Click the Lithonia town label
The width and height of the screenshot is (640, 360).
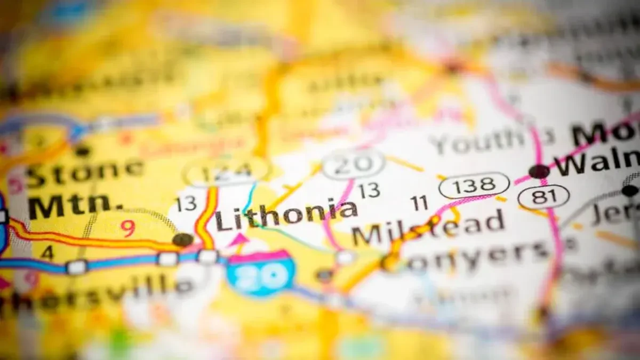[x=286, y=213]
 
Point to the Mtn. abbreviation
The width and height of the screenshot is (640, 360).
[x=69, y=204]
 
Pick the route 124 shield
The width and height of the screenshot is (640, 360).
[x=226, y=172]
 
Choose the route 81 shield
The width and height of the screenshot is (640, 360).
[x=543, y=197]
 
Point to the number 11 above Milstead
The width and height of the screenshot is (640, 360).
[x=419, y=203]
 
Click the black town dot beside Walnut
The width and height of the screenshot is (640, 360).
[x=539, y=171]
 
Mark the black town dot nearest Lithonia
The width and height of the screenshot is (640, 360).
[x=183, y=240]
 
